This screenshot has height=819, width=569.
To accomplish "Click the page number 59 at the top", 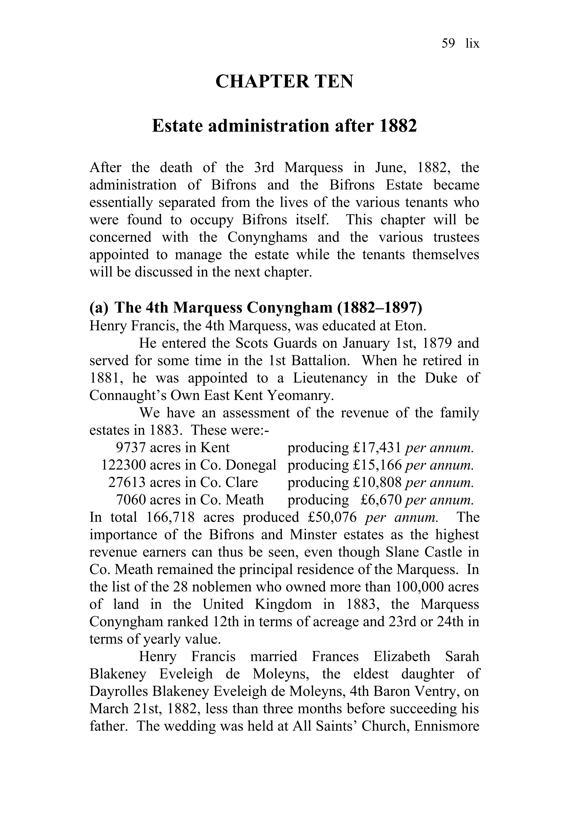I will [x=448, y=44].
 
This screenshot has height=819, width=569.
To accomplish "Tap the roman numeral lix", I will [x=472, y=44].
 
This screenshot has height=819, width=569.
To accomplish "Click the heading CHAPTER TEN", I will [x=284, y=82].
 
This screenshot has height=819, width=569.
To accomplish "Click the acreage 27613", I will [x=127, y=483].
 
